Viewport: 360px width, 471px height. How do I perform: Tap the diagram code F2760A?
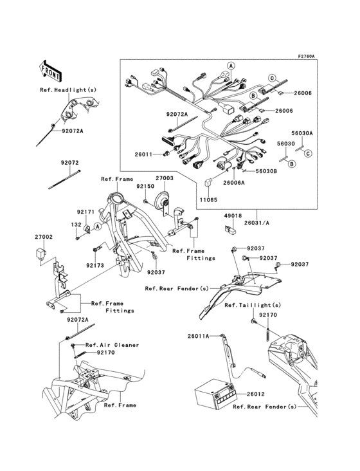[305, 56]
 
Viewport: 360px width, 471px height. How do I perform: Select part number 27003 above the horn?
[164, 177]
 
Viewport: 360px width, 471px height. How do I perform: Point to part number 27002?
[44, 237]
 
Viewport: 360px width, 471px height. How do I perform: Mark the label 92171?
[86, 212]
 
